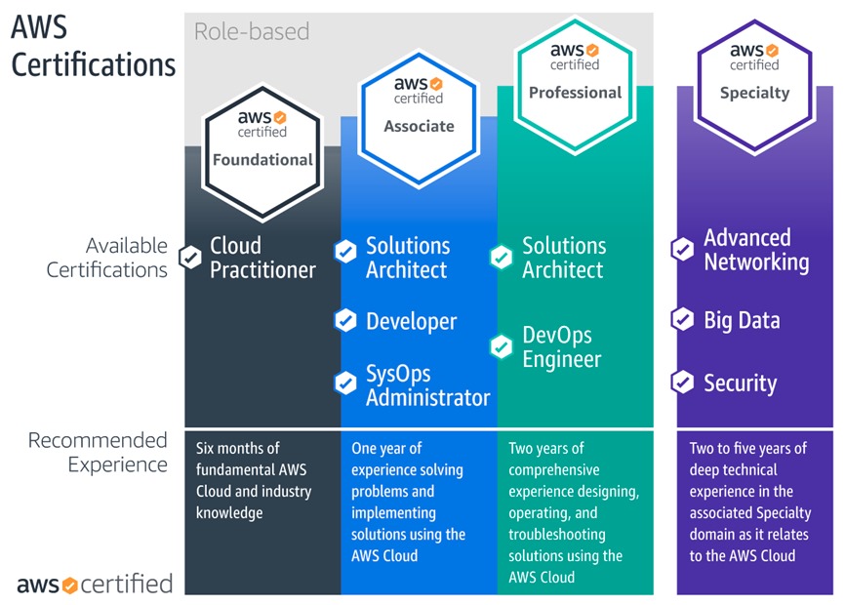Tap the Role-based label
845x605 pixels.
pos(252,31)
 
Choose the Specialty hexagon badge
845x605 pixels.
pos(754,73)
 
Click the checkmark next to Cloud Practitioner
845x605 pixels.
pos(190,258)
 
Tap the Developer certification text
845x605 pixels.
pos(411,321)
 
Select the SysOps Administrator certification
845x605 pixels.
pos(427,385)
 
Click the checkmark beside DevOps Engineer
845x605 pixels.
pos(502,346)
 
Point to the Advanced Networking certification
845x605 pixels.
pos(756,250)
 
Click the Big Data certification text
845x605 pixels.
pos(742,320)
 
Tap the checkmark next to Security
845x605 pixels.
pos(682,383)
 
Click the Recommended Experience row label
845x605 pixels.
pos(98,452)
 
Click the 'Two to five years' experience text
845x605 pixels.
pos(750,502)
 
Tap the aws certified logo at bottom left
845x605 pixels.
pos(95,585)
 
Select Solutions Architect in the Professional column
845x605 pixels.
pos(564,258)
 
